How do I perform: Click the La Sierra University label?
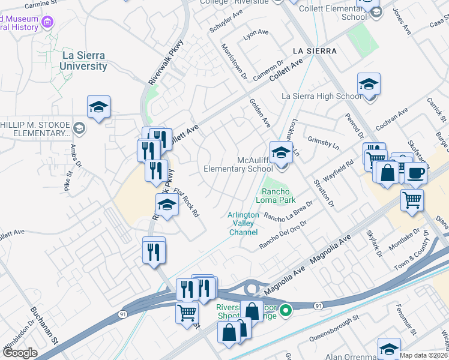pos(84,61)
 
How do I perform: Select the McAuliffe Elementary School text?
pos(238,164)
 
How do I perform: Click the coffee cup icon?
pos(414,173)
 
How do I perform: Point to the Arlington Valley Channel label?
pos(243,223)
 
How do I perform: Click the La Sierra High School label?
pos(322,96)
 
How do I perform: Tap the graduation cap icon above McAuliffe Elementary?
pos(280,152)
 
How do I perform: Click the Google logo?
pos(20,353)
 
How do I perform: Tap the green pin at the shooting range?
pos(286,310)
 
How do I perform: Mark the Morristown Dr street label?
pos(234,61)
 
